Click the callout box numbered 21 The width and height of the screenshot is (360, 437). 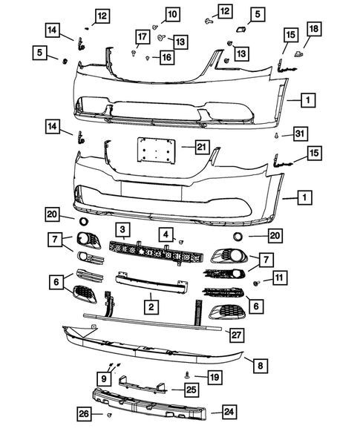coord(200,148)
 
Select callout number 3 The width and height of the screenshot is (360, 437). coord(122,230)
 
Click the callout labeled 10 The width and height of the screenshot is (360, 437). coord(172,13)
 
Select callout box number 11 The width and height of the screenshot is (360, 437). coord(279,278)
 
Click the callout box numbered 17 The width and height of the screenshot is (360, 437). coord(141,37)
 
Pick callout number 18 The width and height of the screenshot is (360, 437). coord(314,29)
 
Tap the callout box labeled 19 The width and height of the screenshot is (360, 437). coord(214,378)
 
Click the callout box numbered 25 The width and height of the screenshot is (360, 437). coord(191,389)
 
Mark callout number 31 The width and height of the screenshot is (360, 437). coord(298,134)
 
